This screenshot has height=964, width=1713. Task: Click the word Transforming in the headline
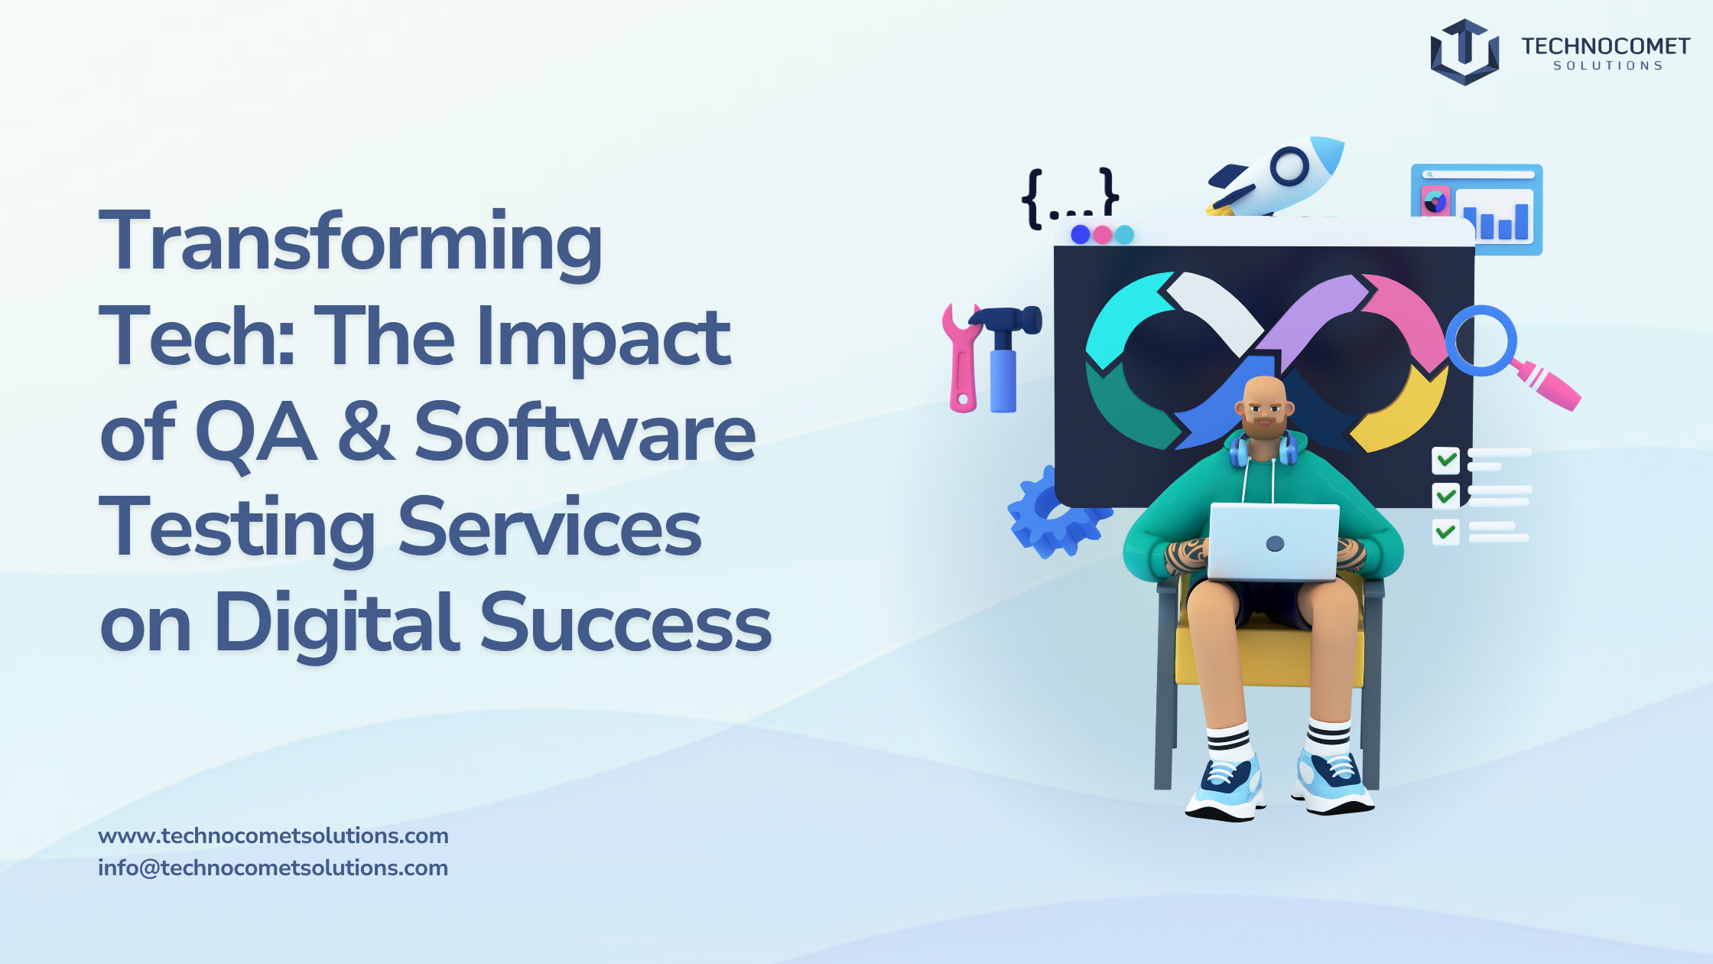[x=351, y=244]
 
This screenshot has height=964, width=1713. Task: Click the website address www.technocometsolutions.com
[x=273, y=835]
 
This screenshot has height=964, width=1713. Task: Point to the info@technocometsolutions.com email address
[x=273, y=868]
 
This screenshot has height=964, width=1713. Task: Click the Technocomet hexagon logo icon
[x=1464, y=52]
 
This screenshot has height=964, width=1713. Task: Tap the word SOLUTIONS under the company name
[x=1607, y=66]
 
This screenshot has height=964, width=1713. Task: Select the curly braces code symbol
[x=1070, y=198]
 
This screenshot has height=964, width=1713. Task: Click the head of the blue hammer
[x=1006, y=320]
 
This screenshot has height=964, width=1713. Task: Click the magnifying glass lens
[x=1481, y=340]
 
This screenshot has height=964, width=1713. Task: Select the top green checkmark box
[x=1445, y=461]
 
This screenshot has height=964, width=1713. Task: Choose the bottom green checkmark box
[x=1445, y=532]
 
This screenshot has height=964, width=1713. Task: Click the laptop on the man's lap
[x=1273, y=542]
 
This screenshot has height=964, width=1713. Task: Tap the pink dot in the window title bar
[x=1102, y=234]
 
